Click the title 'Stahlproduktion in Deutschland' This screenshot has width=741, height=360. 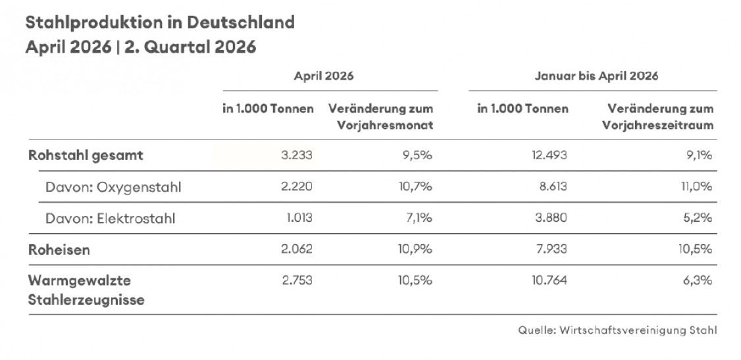pyautogui.click(x=160, y=22)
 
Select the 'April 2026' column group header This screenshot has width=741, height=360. pyautogui.click(x=324, y=76)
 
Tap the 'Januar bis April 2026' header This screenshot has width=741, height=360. pyautogui.click(x=596, y=76)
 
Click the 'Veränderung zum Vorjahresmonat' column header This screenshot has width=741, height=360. pyautogui.click(x=380, y=117)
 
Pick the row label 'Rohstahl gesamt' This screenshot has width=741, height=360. pyautogui.click(x=86, y=155)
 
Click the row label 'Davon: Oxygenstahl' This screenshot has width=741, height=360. pyautogui.click(x=113, y=187)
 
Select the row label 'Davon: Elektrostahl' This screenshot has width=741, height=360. pyautogui.click(x=110, y=219)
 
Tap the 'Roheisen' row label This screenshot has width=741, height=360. pyautogui.click(x=59, y=249)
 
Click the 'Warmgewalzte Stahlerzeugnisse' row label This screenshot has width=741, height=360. pyautogui.click(x=86, y=290)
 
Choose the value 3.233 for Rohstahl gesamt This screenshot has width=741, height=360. pyautogui.click(x=297, y=155)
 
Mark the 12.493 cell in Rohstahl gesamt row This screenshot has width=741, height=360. pyautogui.click(x=548, y=155)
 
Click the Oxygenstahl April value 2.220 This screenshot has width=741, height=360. pyautogui.click(x=297, y=187)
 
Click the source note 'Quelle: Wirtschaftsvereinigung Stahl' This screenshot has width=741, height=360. pyautogui.click(x=617, y=330)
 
